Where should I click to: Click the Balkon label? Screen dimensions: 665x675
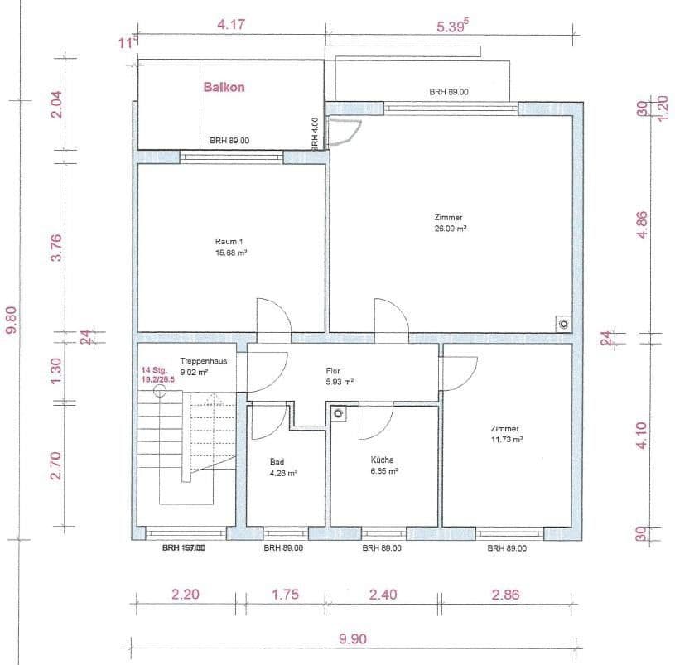224,86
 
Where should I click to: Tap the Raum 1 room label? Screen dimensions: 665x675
226,243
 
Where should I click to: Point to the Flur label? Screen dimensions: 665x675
334,372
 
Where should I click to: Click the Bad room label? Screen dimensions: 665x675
277,461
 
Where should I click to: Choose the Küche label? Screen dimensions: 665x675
382,460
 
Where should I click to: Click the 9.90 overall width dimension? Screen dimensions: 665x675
353,638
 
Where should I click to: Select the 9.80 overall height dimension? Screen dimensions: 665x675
12,319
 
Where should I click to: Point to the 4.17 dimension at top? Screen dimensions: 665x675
230,25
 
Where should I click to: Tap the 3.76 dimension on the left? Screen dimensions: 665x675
56,246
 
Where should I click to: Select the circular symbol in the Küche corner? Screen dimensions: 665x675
339,412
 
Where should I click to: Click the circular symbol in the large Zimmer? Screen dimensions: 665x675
562,323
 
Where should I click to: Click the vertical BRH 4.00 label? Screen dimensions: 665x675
315,133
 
